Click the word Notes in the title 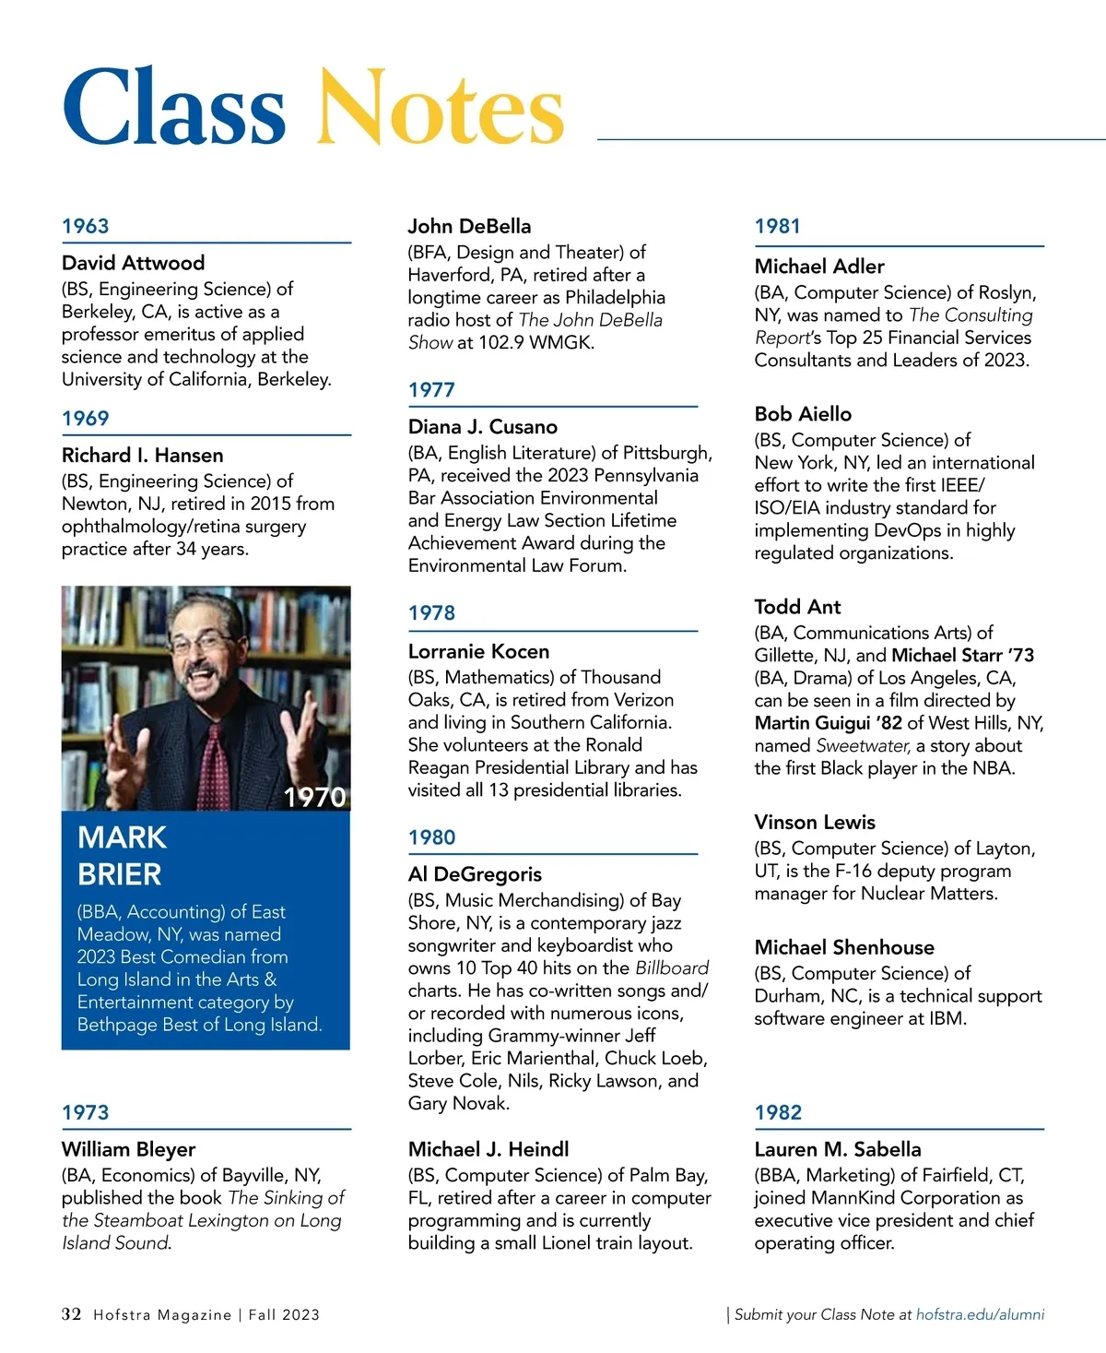tap(440, 108)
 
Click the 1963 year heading tap(85, 226)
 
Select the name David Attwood tap(133, 263)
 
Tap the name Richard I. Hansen tap(142, 455)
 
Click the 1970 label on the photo tap(314, 797)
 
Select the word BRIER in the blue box tap(120, 873)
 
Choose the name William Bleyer tap(128, 1149)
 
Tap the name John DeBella tap(469, 226)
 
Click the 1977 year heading tap(431, 389)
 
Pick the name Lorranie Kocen tap(478, 651)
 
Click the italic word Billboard tap(672, 967)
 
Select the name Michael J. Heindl tap(488, 1149)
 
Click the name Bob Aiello tap(803, 414)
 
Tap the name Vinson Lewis tap(815, 822)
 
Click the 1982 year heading tap(778, 1112)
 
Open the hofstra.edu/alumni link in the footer tap(980, 1314)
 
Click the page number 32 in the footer tap(71, 1314)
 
